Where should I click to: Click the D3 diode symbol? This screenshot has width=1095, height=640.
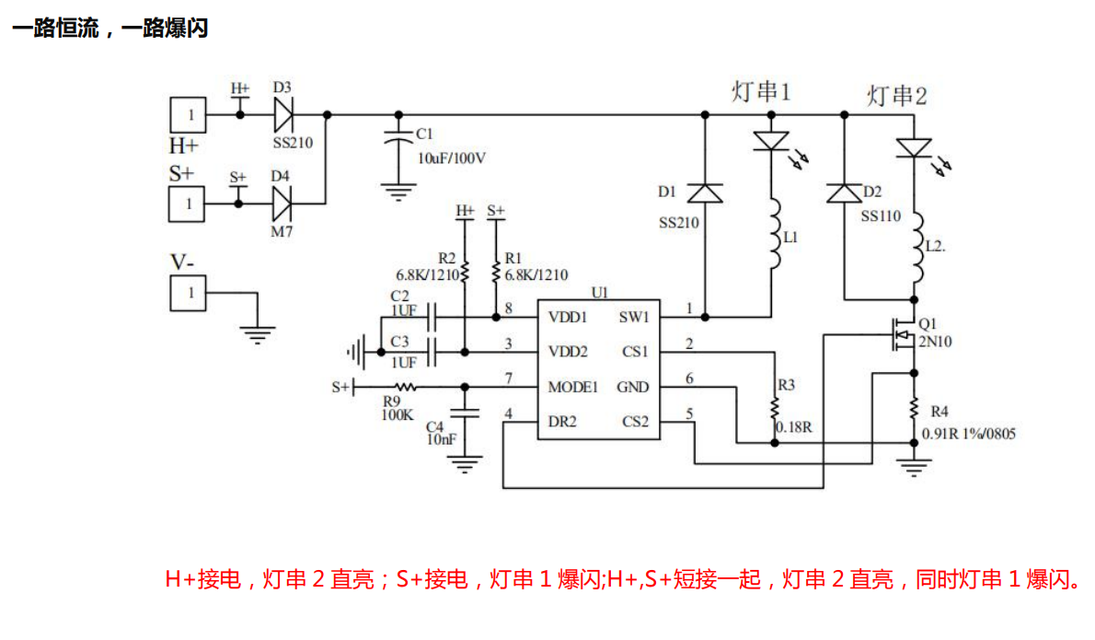(282, 115)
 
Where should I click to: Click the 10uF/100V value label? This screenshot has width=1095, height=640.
(452, 157)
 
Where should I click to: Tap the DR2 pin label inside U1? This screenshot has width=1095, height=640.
(562, 422)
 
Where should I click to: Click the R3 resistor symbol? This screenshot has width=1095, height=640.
(775, 406)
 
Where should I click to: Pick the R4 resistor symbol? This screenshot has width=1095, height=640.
(914, 408)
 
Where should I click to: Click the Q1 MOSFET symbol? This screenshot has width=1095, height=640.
(899, 336)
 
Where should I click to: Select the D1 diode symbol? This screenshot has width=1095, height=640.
(705, 193)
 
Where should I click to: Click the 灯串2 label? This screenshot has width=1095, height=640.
(896, 96)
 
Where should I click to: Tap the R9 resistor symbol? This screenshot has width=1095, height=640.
(404, 387)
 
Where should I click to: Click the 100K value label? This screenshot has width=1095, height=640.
(396, 415)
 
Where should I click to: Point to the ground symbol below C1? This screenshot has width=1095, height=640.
(398, 193)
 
